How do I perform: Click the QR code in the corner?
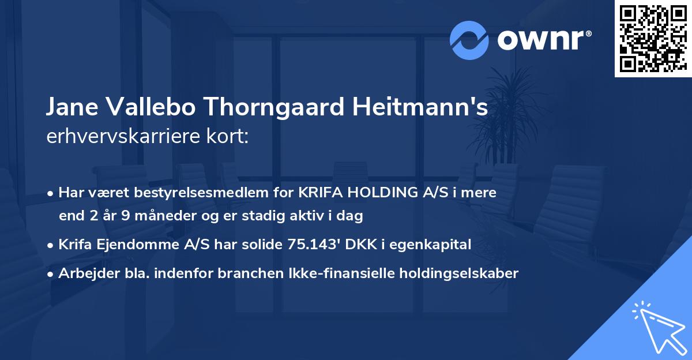click(x=653, y=38)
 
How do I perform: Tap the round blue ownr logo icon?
click(x=469, y=40)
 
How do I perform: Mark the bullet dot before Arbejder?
click(x=51, y=274)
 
